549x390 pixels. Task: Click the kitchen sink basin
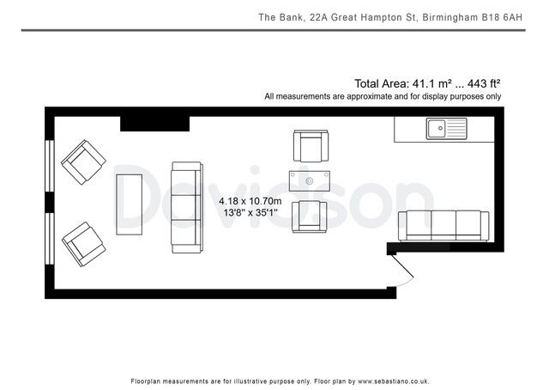437,130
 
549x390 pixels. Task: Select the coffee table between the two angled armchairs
129,204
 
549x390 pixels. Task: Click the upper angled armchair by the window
84,161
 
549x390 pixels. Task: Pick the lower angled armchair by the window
84,244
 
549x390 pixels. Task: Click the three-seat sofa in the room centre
186,205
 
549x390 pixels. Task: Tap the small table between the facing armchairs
310,181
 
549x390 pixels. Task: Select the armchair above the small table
310,147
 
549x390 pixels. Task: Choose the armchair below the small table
310,214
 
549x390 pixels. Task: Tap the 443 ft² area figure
484,83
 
